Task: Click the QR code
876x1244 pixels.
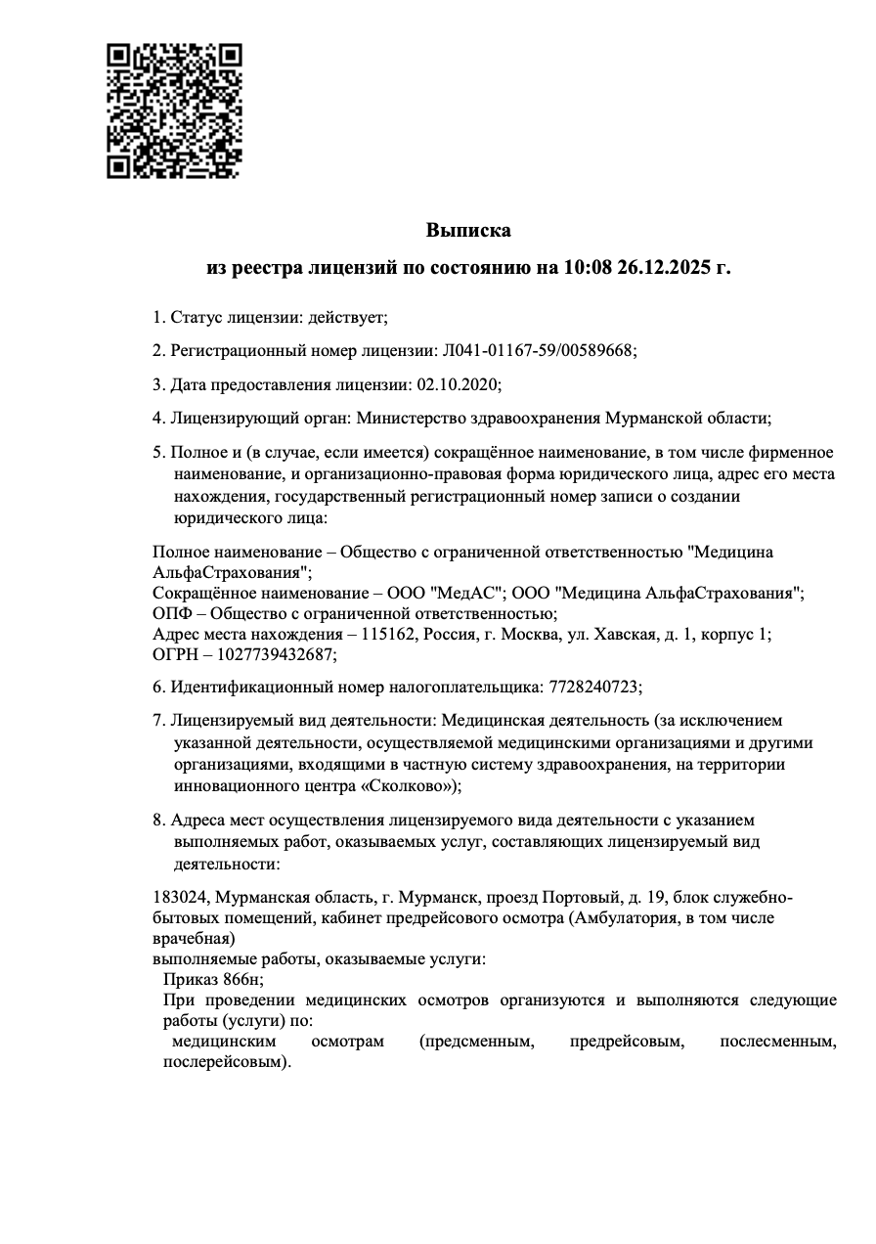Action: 173,111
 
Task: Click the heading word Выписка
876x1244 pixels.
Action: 468,231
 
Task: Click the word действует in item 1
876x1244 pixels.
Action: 347,317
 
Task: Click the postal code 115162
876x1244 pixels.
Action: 387,634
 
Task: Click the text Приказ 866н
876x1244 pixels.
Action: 212,980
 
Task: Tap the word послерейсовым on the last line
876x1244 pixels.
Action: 224,1062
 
